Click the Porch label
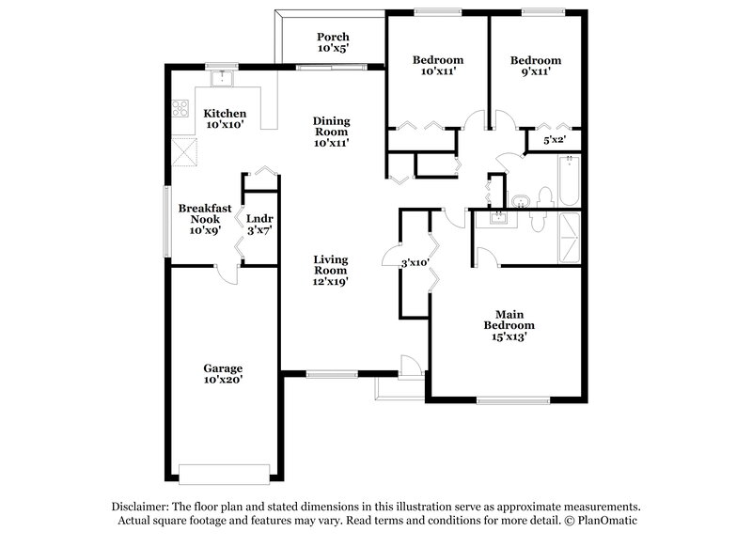(333, 42)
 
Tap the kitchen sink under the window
(222, 79)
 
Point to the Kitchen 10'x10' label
(225, 118)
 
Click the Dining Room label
(332, 132)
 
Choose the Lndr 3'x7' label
(258, 224)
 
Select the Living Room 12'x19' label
(331, 270)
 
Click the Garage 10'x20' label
(224, 374)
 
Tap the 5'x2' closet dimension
(555, 141)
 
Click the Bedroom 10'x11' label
(437, 65)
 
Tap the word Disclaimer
(142, 506)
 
